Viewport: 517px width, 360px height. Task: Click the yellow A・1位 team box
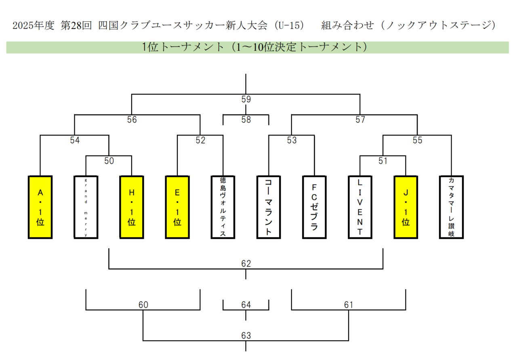click(40, 207)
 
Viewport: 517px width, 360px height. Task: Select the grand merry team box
click(86, 207)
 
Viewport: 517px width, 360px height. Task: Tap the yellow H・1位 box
click(132, 207)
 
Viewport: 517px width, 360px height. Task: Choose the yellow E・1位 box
click(177, 207)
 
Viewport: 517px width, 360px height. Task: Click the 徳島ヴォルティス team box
click(223, 207)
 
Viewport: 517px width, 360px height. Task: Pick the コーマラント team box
click(269, 207)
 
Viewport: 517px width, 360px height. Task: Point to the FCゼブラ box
click(314, 207)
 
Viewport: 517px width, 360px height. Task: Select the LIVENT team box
click(360, 207)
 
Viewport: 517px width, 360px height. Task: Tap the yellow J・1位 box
click(406, 207)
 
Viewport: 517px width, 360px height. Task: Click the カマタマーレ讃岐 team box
click(451, 207)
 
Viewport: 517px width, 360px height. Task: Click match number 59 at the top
click(246, 99)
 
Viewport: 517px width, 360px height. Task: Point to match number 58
click(246, 119)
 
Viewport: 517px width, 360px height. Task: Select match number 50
click(109, 161)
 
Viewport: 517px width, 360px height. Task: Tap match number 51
click(383, 161)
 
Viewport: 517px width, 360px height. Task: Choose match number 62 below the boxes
click(246, 264)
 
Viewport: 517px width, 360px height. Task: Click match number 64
click(246, 305)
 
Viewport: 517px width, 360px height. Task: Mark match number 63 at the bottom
click(246, 336)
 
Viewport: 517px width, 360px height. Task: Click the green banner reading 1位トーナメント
click(257, 47)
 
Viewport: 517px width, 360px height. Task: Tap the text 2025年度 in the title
click(33, 26)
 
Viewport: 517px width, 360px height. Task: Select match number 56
click(132, 119)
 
